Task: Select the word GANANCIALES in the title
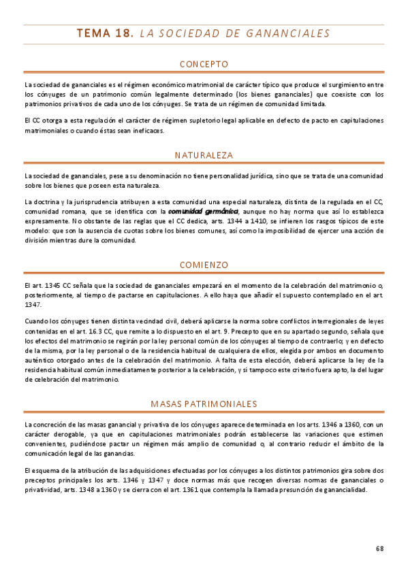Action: point(290,33)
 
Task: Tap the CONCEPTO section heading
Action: point(204,65)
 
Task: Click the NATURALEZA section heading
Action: point(204,155)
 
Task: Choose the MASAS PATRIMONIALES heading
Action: point(204,403)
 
